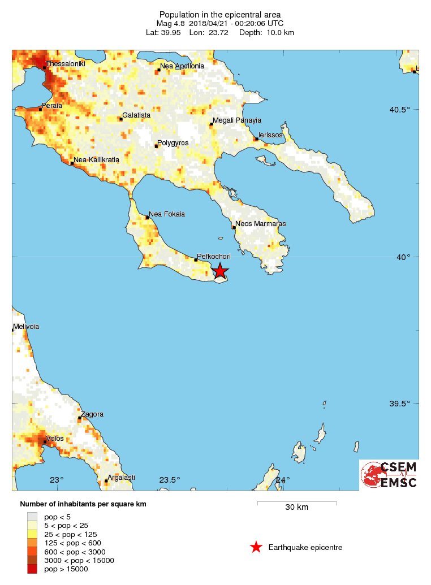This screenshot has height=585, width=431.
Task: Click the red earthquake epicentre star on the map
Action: [x=220, y=271]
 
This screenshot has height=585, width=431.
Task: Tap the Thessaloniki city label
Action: [x=66, y=64]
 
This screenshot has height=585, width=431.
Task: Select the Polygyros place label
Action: [x=173, y=143]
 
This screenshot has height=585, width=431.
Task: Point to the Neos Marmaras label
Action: [x=261, y=224]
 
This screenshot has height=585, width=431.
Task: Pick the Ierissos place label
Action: [x=271, y=136]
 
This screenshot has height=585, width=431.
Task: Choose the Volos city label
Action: [x=55, y=439]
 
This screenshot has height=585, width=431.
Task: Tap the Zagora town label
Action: [x=92, y=414]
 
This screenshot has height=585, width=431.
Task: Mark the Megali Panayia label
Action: [x=237, y=120]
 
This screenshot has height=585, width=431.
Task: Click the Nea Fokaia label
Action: [x=167, y=214]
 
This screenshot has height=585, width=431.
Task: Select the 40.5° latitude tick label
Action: [x=407, y=110]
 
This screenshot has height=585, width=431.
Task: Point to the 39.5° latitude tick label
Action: [x=407, y=404]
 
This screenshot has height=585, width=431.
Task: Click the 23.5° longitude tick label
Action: [x=170, y=480]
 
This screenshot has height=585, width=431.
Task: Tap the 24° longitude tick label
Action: [x=282, y=480]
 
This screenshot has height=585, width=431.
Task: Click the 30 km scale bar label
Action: [x=296, y=507]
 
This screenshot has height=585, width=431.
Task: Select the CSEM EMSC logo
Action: [x=389, y=475]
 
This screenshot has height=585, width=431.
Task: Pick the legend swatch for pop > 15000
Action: [x=33, y=569]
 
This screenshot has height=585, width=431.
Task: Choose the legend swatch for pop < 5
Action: [x=33, y=517]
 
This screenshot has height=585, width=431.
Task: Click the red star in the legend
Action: [x=256, y=547]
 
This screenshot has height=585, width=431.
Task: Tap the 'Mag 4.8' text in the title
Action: [x=170, y=24]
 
